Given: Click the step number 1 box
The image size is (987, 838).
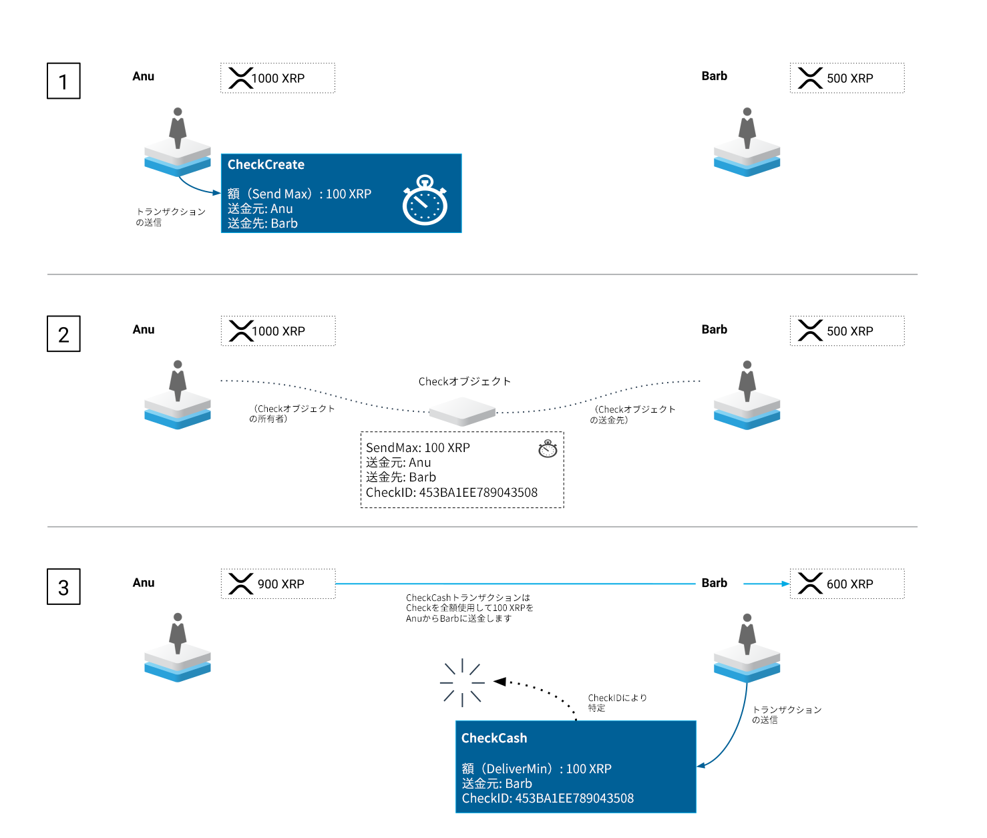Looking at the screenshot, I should point(63,81).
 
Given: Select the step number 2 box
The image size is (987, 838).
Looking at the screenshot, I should point(63,334).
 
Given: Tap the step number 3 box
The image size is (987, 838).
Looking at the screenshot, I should point(63,587).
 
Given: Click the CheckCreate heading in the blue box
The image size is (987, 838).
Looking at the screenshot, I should point(266,165).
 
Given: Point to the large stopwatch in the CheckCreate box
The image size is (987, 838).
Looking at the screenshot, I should point(425,201).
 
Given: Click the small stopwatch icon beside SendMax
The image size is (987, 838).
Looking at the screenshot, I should point(548,449).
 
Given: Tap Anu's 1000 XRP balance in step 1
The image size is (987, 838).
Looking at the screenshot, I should point(278,78).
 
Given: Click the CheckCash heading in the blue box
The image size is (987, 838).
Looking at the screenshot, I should point(494,738).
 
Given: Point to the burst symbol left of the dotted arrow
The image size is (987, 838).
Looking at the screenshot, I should point(462,682).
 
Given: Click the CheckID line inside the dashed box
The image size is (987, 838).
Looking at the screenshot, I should point(451,493).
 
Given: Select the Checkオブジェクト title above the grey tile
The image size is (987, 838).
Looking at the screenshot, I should point(465,381).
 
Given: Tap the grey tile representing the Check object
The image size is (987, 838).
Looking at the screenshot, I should point(462,411).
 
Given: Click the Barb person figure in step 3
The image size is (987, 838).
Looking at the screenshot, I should point(747,634).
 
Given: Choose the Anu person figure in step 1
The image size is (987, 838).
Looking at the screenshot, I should point(178,128).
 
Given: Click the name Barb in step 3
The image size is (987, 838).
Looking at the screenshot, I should point(715,583).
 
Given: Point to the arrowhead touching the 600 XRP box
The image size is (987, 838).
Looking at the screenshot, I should point(786,584).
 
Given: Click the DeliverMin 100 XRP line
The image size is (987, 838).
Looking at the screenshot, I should point(536,769).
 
